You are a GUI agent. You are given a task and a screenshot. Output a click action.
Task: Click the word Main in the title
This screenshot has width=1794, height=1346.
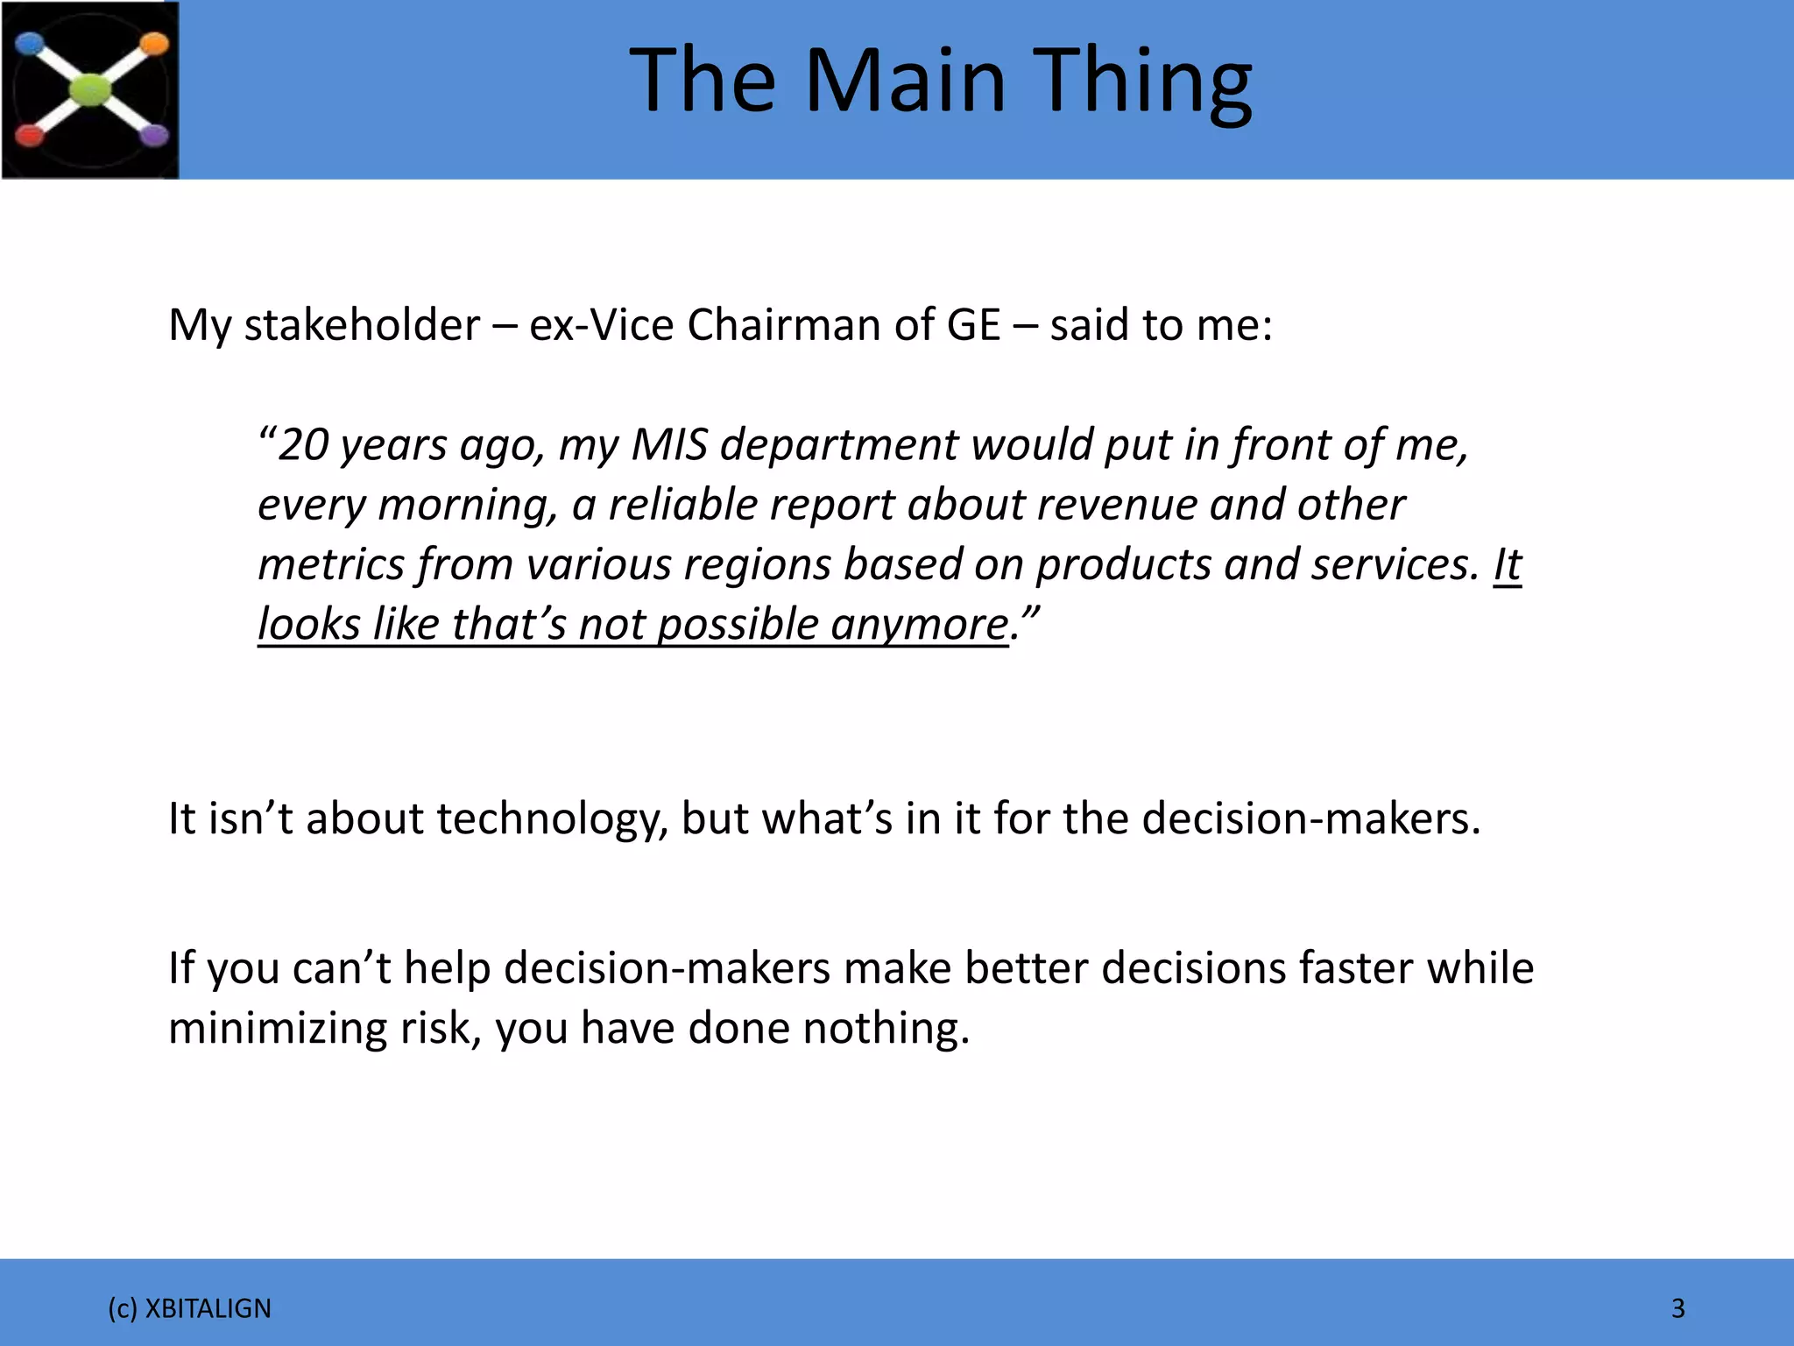906,81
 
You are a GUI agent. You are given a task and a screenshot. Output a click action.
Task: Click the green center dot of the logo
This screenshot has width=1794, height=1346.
91,90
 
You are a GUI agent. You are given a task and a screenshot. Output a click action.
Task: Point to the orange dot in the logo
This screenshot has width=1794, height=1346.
154,43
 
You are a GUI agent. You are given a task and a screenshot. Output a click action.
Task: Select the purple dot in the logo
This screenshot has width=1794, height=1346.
155,136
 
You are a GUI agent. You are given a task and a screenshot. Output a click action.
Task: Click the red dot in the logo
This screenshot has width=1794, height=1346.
29,136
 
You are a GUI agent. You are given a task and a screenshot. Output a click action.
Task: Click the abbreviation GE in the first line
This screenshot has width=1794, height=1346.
972,325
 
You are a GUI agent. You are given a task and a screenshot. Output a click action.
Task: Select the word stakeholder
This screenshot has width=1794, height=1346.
361,325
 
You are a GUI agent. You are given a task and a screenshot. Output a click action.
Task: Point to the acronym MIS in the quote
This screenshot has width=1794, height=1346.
669,445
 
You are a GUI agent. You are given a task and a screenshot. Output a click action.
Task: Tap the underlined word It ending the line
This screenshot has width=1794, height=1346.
1508,564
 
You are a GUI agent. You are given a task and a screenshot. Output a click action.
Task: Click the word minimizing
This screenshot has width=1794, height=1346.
277,1028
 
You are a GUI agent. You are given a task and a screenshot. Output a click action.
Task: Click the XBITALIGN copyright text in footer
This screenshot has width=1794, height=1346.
189,1308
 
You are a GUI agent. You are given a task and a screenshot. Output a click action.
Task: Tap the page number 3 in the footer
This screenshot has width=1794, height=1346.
1678,1308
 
